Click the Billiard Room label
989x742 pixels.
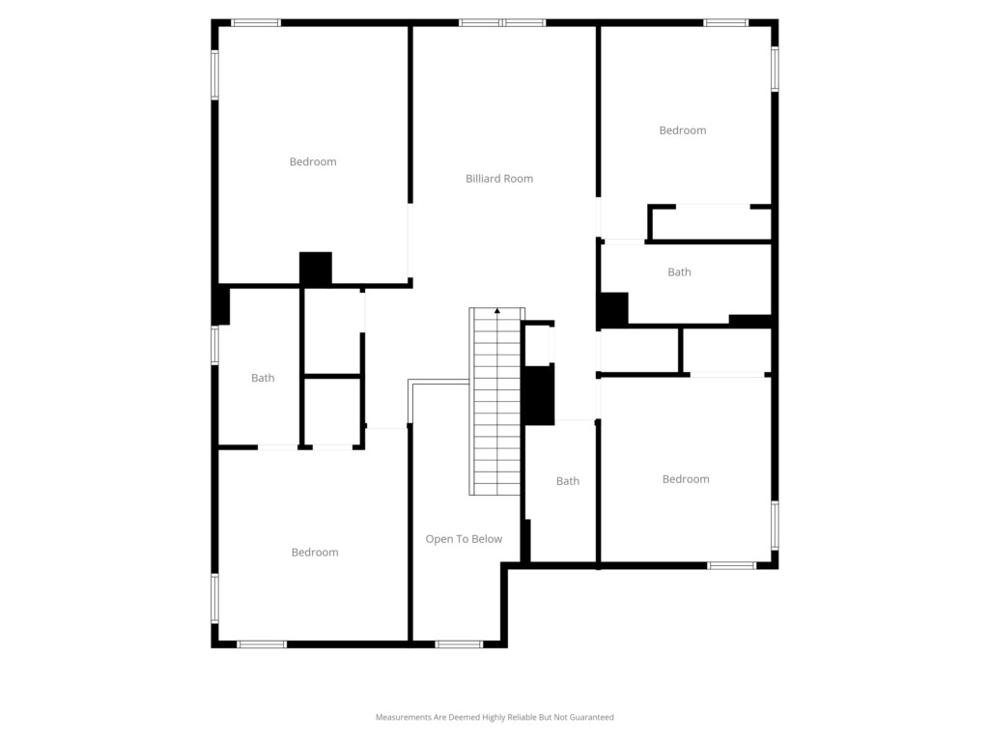(x=499, y=179)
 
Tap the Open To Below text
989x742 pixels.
(x=464, y=539)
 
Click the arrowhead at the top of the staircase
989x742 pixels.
(x=497, y=310)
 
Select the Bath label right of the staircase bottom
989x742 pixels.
(x=568, y=481)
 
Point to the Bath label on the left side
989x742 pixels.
(x=263, y=378)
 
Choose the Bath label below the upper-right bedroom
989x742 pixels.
(x=679, y=271)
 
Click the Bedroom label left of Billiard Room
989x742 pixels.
(x=313, y=161)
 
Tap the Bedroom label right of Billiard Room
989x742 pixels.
(x=683, y=130)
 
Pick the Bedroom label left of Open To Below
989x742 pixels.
(x=315, y=552)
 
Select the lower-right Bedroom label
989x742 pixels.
(x=686, y=479)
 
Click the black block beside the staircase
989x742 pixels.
(x=538, y=395)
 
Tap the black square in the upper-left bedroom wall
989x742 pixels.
(x=316, y=269)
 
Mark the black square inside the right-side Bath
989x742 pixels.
(x=613, y=309)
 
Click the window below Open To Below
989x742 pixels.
(x=459, y=644)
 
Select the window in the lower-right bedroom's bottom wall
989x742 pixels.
(x=732, y=565)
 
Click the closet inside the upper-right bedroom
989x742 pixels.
(x=710, y=223)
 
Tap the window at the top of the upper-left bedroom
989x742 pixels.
(x=255, y=23)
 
